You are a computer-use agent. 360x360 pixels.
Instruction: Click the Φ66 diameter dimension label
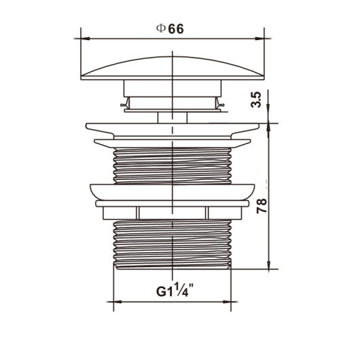point(170,29)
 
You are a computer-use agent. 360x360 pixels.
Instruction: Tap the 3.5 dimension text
point(256,99)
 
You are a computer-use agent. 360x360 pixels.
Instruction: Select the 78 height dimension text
point(262,206)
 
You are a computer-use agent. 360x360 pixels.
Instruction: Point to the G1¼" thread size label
point(175,290)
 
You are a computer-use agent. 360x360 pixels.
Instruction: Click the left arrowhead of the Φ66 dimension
point(85,39)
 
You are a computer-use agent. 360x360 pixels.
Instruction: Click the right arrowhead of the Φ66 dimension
point(259,39)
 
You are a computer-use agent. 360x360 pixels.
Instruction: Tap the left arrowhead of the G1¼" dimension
point(118,302)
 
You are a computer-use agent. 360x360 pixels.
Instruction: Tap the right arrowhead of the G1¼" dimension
point(227,302)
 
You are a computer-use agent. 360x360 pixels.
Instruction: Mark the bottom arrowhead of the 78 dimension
point(268,265)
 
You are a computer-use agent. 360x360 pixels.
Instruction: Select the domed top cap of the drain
point(173,68)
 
